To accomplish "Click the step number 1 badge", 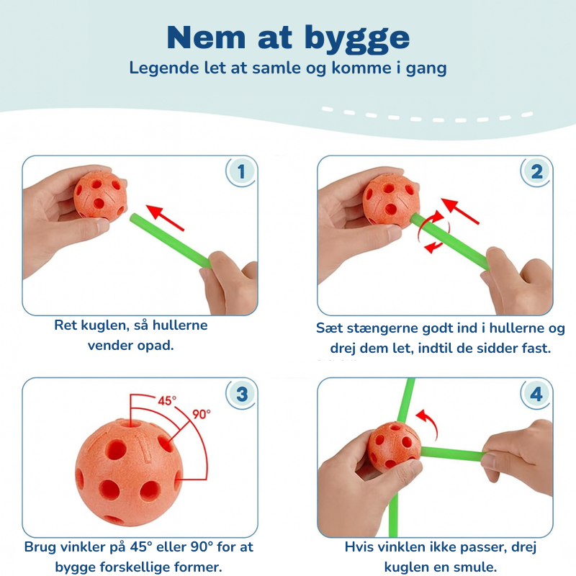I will click(241, 171).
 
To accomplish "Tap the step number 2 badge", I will click(536, 171).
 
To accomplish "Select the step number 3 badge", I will click(241, 394).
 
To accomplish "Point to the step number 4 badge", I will click(536, 394).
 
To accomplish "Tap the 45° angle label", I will click(168, 400).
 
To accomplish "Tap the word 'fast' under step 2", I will click(535, 349).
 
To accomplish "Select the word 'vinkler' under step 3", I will click(79, 547).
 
